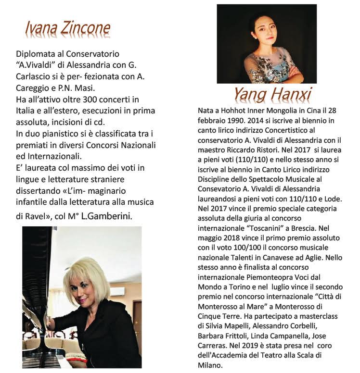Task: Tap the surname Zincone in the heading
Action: click(85, 30)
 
